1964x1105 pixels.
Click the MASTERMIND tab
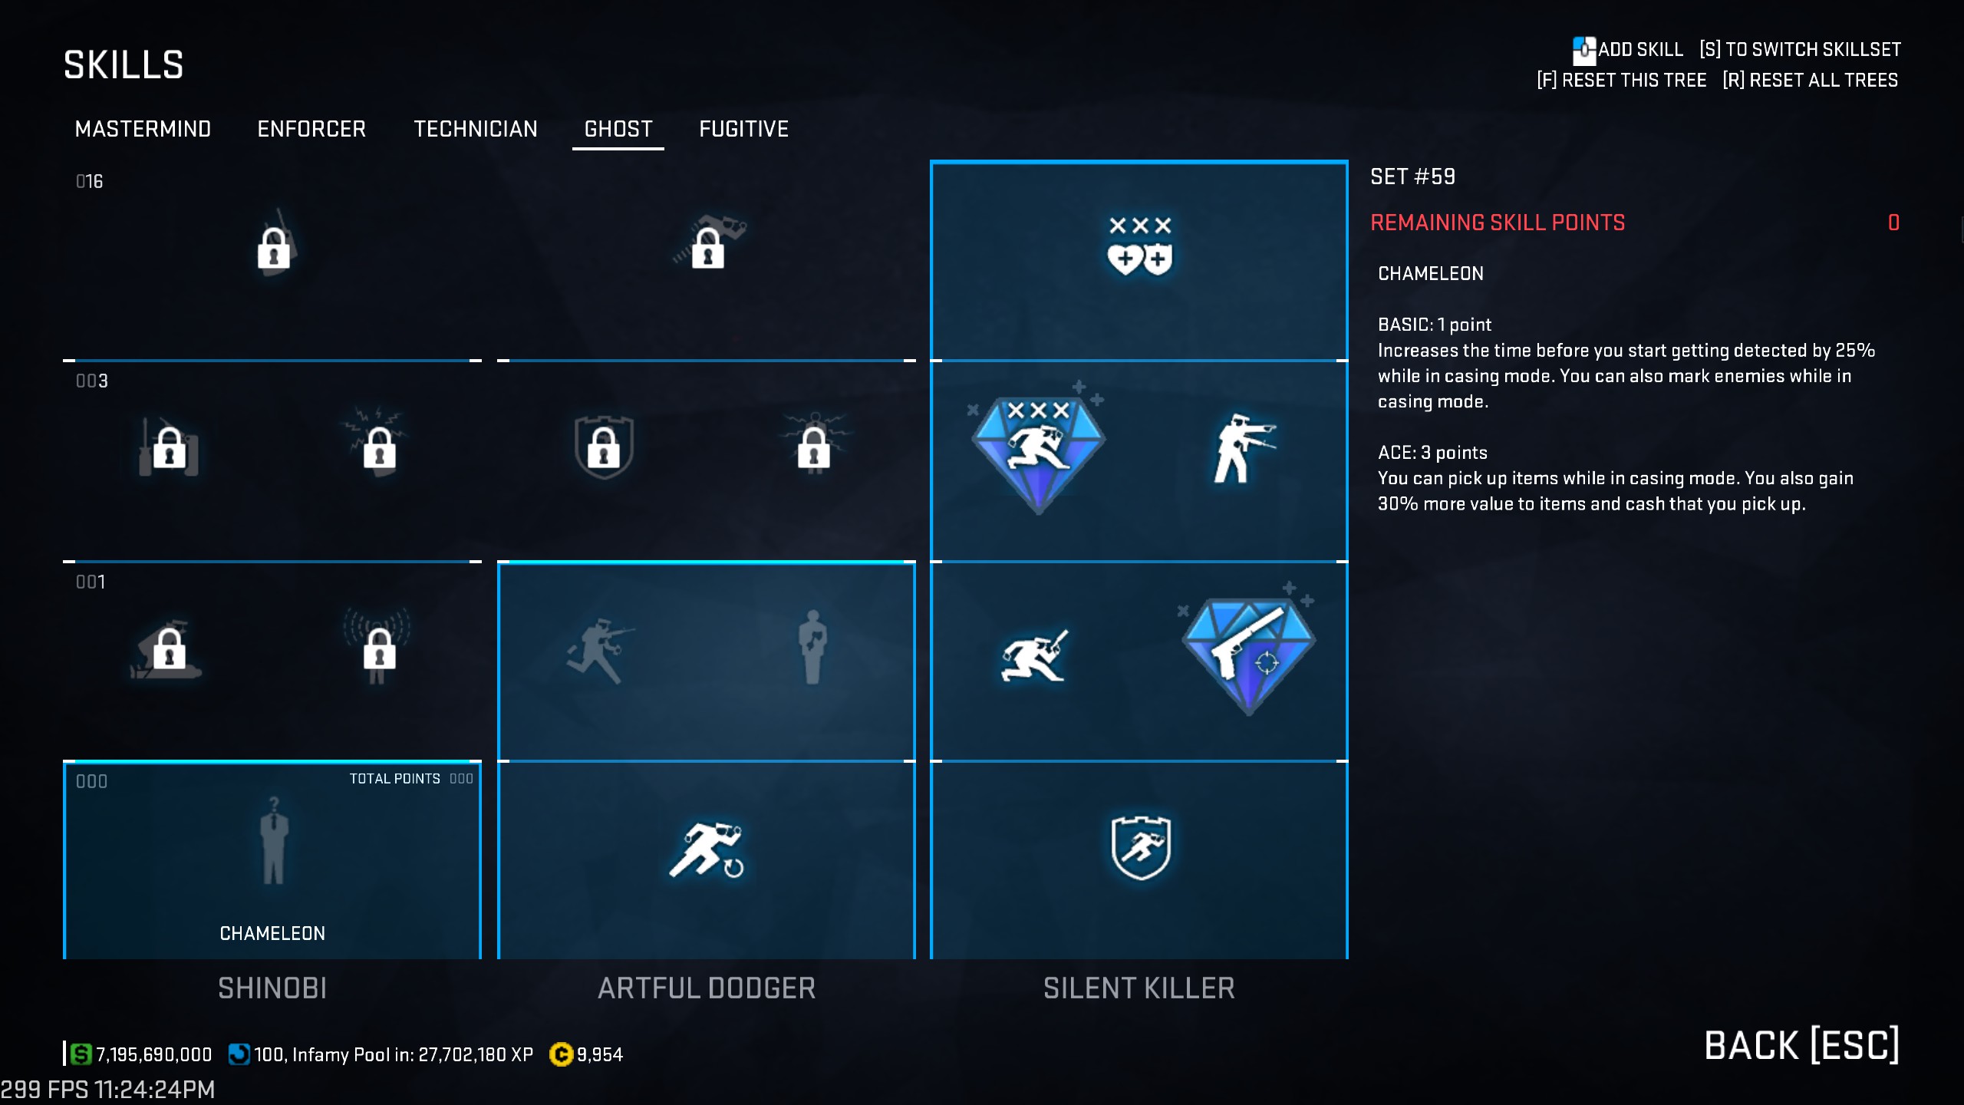pyautogui.click(x=143, y=129)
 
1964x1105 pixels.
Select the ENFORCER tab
pyautogui.click(x=311, y=129)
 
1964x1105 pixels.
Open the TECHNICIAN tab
pyautogui.click(x=476, y=129)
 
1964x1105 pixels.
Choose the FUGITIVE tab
pyautogui.click(x=743, y=129)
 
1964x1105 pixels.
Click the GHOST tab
pyautogui.click(x=618, y=129)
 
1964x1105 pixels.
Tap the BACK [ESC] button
pyautogui.click(x=1801, y=1045)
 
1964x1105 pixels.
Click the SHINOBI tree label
pyautogui.click(x=272, y=988)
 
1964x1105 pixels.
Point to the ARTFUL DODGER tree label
pyautogui.click(x=707, y=988)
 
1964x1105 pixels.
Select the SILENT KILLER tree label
pyautogui.click(x=1139, y=988)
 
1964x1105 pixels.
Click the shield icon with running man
pyautogui.click(x=1141, y=847)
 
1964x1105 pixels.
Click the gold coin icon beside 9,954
pyautogui.click(x=562, y=1055)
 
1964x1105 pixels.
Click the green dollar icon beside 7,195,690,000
pyautogui.click(x=81, y=1054)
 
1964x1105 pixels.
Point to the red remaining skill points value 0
pyautogui.click(x=1893, y=223)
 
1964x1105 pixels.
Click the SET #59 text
pyautogui.click(x=1412, y=177)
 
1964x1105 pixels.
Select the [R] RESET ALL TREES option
pyautogui.click(x=1811, y=81)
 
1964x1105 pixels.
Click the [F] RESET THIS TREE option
pyautogui.click(x=1622, y=81)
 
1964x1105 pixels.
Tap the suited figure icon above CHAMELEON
pyautogui.click(x=273, y=841)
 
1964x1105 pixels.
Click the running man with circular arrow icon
pyautogui.click(x=707, y=849)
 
